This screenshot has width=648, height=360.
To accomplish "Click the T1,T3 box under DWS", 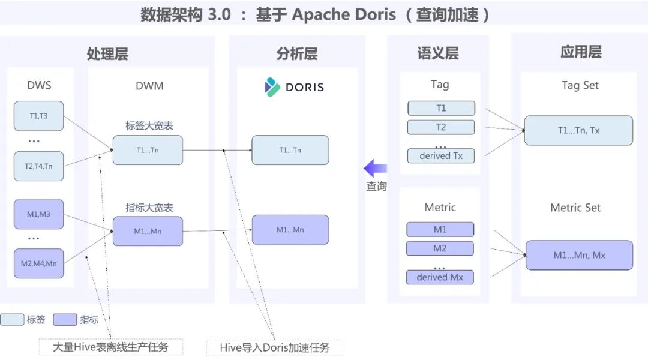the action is [39, 116].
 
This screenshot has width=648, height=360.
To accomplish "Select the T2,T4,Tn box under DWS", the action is [39, 166].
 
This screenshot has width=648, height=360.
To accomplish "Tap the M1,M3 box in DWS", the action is [39, 214].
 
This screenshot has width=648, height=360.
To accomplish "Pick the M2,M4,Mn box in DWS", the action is [39, 263].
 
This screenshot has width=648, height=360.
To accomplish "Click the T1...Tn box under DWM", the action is [148, 150].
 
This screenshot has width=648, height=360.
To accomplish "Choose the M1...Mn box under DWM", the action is [148, 231].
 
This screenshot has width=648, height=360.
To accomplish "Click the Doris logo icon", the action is [272, 87].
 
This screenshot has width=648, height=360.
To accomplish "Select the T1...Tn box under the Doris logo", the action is [290, 150].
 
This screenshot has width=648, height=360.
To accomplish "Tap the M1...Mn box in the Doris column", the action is [290, 230].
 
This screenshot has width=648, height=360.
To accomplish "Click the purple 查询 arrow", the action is [375, 168].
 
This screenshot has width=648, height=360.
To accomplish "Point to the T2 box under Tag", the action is [441, 127].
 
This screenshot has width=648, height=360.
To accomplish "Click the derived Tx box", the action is [441, 156].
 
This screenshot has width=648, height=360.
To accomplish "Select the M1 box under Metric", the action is [440, 229].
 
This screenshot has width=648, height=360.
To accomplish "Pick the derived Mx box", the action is [440, 277].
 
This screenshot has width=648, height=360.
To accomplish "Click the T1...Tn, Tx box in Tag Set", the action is [578, 131].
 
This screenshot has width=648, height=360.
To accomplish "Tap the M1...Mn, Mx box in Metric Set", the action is [580, 256].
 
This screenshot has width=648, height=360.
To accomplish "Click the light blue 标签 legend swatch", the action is [12, 319].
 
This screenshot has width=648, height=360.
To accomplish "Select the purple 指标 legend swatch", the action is [65, 319].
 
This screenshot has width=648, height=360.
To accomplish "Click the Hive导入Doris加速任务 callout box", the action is [274, 347].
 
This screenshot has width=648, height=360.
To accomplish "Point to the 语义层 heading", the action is [438, 53].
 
